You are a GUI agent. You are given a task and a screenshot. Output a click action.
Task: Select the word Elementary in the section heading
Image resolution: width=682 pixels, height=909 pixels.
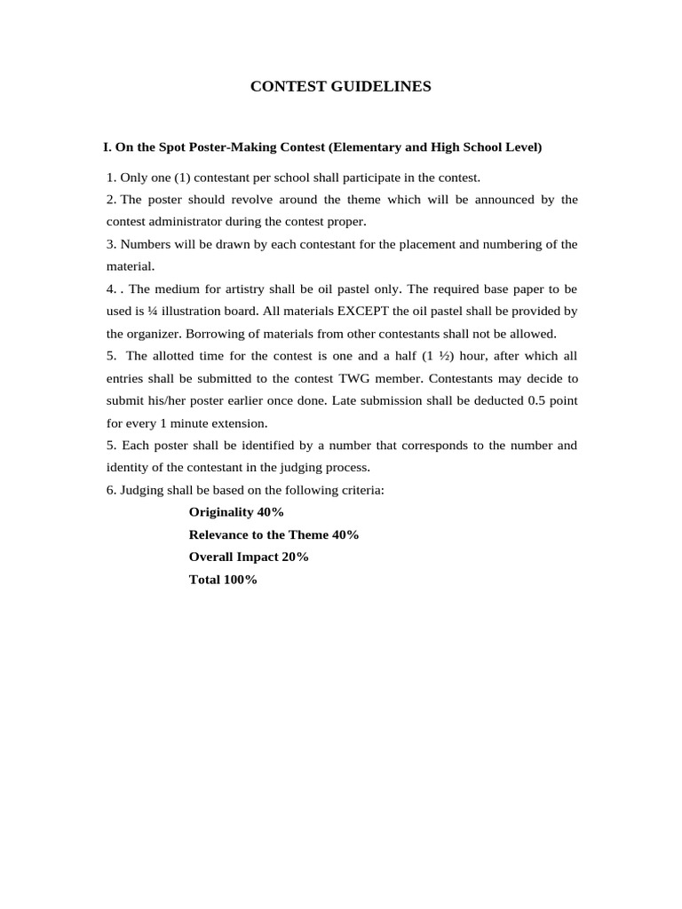364,146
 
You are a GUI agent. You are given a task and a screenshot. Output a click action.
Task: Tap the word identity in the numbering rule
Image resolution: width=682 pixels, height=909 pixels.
128,467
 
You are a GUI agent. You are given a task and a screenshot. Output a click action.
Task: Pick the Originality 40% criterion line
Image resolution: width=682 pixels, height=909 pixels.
236,512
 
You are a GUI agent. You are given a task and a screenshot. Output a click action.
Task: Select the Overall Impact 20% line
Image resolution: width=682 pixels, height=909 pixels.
249,557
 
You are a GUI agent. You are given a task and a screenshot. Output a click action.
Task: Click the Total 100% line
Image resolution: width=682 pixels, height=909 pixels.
223,579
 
